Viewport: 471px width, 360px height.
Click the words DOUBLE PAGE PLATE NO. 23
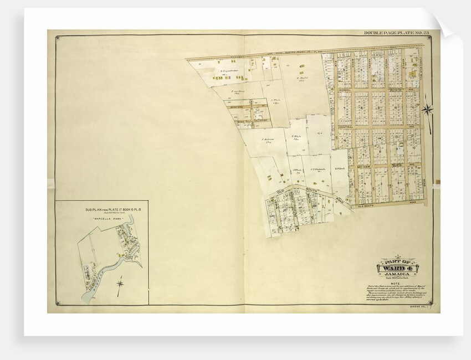tap(393, 33)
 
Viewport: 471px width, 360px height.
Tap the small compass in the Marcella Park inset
tap(120, 285)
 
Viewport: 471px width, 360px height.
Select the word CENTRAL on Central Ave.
tap(345, 127)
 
